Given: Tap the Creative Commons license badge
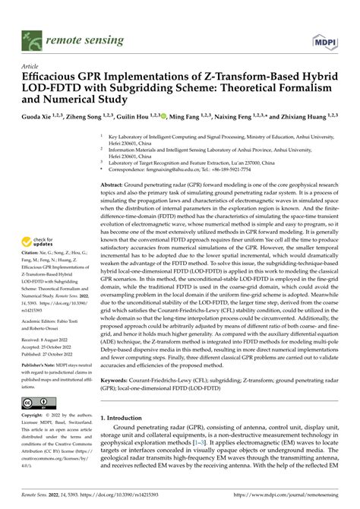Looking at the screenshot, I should [x=37, y=401].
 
